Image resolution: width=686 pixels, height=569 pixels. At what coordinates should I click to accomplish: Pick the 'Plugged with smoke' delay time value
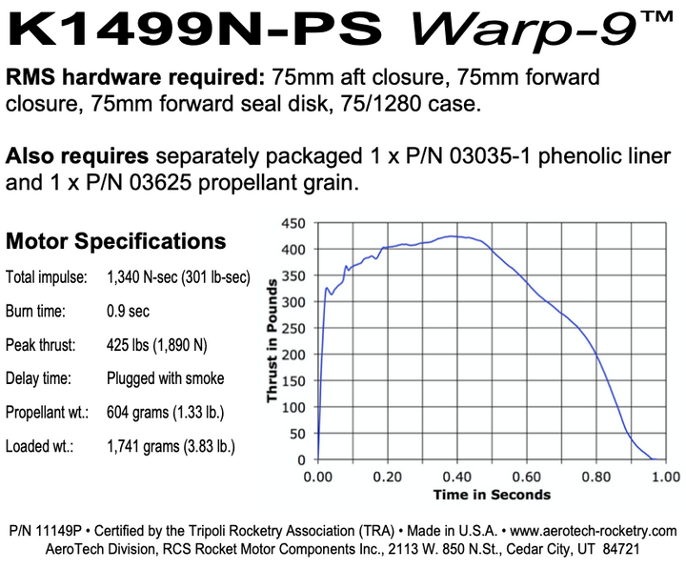coord(166,378)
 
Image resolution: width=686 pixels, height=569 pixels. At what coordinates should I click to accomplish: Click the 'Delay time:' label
coord(38,378)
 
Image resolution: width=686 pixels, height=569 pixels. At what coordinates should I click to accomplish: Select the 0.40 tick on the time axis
coord(457,476)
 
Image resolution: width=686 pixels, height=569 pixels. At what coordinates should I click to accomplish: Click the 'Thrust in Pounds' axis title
coord(272,341)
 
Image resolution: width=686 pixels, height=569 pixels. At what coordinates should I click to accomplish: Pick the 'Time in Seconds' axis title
coord(492,495)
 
